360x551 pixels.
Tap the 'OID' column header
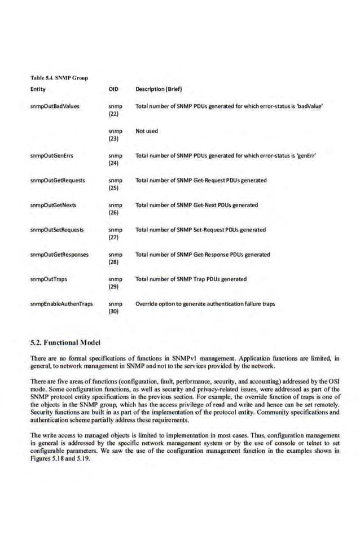pos(112,89)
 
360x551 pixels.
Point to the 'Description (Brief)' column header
pos(159,89)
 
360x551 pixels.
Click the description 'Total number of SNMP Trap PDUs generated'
pos(191,279)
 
